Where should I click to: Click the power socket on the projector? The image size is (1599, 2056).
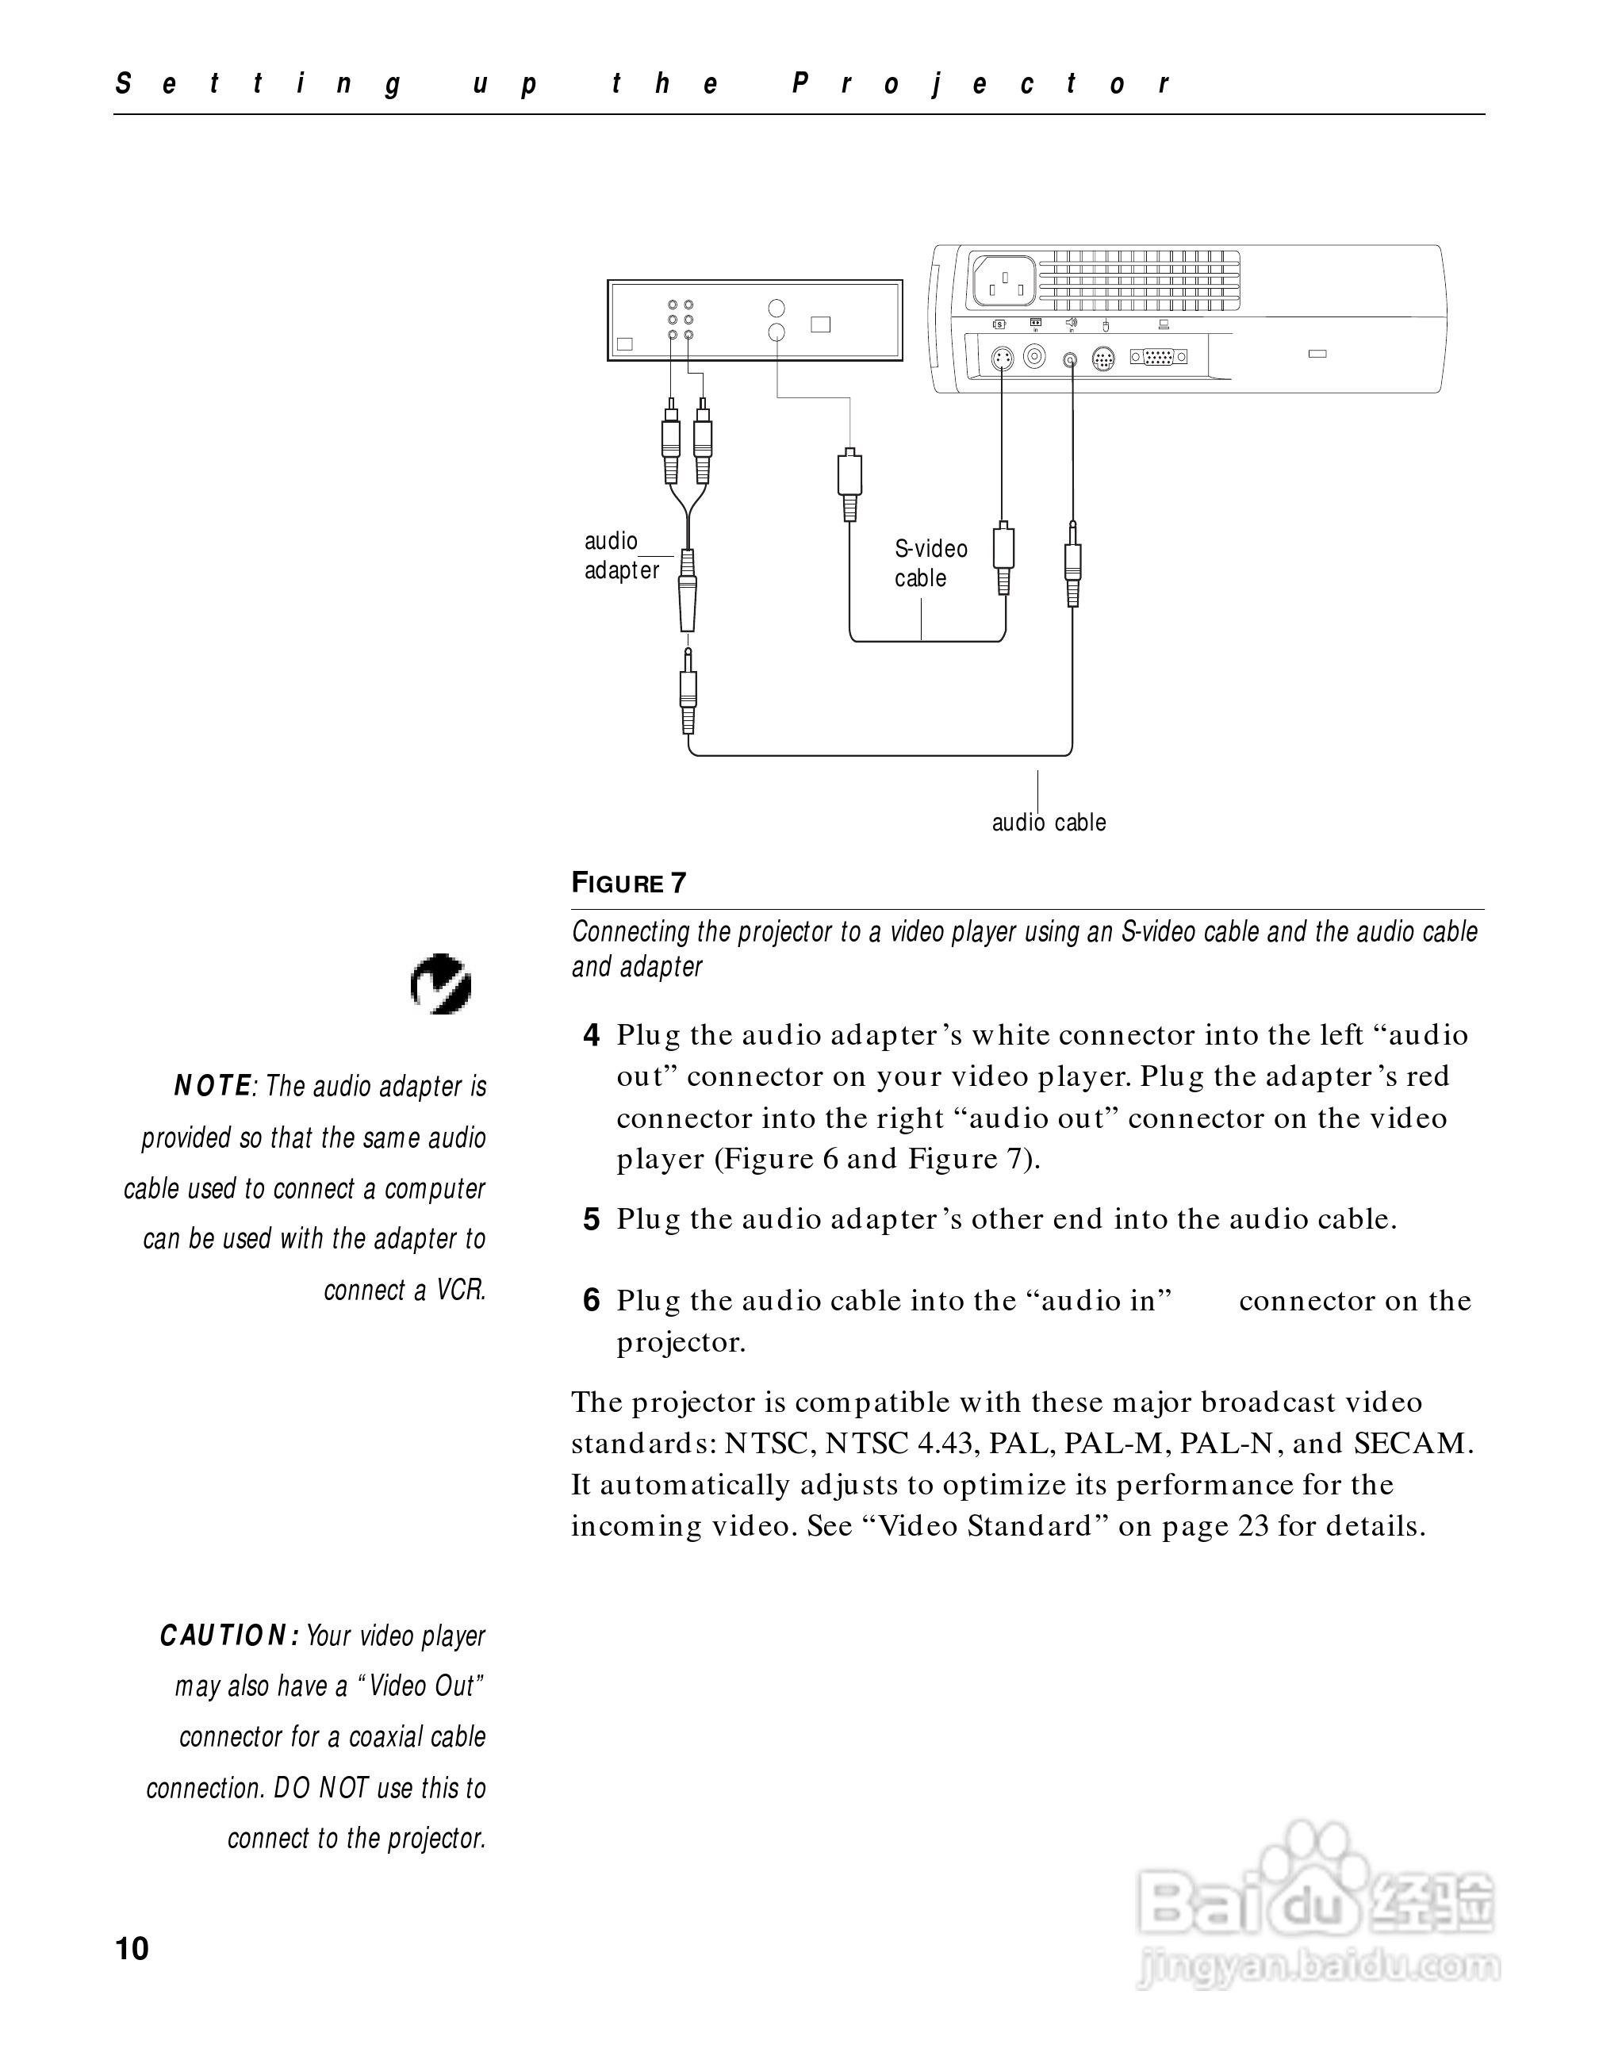point(1004,281)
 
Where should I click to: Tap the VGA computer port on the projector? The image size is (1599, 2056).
point(1157,357)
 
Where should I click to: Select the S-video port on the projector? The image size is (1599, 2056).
point(1003,358)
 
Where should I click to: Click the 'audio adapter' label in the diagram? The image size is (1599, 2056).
point(621,555)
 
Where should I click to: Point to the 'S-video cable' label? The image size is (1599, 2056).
point(930,563)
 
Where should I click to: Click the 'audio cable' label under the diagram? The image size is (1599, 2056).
point(1049,823)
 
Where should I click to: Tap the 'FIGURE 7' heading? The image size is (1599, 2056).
point(629,883)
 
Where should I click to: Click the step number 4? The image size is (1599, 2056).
point(591,1035)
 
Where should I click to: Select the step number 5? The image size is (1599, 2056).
point(591,1220)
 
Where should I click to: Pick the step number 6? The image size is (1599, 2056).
point(591,1301)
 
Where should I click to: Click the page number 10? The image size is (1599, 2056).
point(132,1949)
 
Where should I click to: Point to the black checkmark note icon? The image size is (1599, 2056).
point(440,984)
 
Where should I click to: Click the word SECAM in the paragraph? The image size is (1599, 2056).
point(1412,1443)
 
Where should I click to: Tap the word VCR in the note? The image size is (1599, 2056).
point(460,1290)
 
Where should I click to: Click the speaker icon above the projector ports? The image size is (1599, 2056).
point(1070,324)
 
